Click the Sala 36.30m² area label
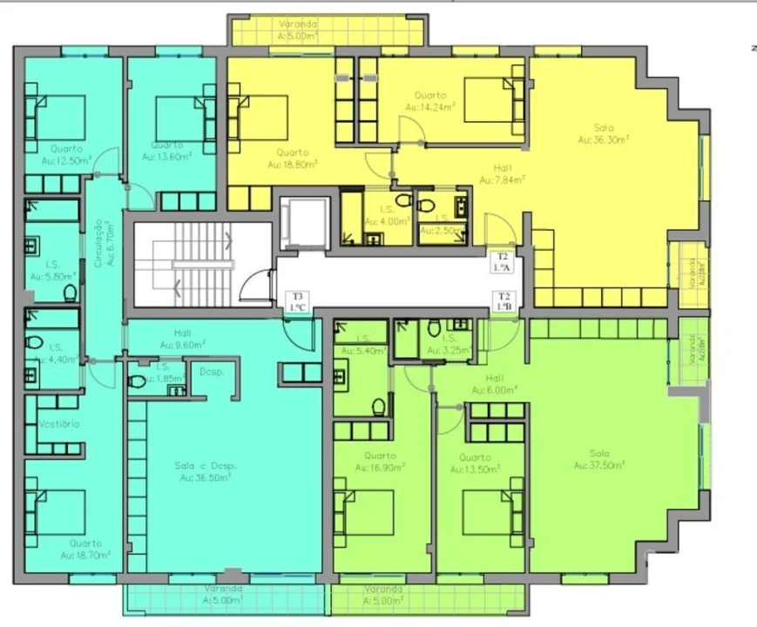click(604, 133)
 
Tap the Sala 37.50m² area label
click(598, 459)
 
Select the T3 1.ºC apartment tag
click(298, 301)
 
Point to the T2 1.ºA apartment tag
click(502, 262)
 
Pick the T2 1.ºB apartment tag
click(504, 301)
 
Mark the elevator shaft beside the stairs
click(303, 223)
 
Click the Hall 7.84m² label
click(501, 174)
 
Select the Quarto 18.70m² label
click(85, 549)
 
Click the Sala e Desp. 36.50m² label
click(205, 471)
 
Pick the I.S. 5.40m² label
click(364, 345)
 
